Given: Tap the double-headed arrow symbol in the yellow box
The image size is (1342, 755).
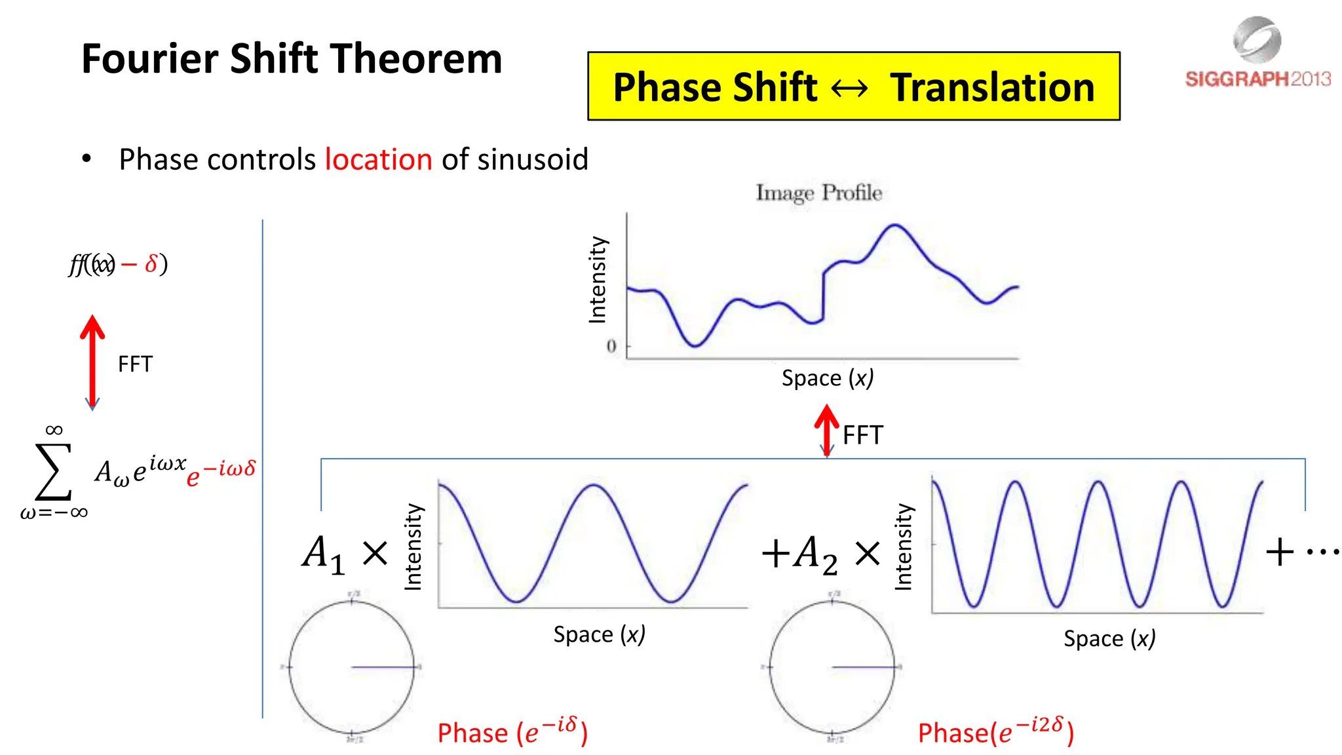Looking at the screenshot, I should [x=849, y=88].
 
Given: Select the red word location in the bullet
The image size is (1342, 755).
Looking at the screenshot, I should [x=378, y=159].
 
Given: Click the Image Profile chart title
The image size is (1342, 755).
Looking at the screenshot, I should [x=818, y=193].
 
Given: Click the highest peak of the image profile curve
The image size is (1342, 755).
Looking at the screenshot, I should [x=895, y=225].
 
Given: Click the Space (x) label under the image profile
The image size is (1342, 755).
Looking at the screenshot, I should [x=827, y=378].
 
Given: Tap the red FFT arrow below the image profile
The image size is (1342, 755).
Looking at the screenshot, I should [x=827, y=429].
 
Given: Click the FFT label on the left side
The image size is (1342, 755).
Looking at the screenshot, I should [x=135, y=364].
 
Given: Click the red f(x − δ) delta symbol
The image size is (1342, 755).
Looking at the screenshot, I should [x=151, y=264].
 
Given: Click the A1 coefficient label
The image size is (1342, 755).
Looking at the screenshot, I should [x=323, y=554].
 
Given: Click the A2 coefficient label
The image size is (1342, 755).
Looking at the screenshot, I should [x=815, y=554].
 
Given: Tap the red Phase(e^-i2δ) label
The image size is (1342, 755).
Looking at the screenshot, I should [x=995, y=731].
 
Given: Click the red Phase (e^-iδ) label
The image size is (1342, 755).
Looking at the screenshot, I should [x=512, y=731].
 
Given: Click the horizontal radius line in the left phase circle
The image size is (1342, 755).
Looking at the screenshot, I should [x=383, y=667].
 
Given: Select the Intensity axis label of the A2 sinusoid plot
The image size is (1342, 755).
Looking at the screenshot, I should [x=903, y=547].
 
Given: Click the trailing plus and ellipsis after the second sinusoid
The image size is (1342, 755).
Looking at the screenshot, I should [x=1301, y=552].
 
